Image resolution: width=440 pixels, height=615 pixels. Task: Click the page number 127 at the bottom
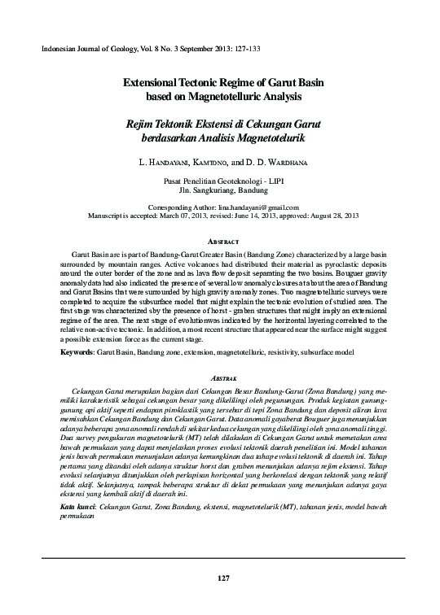click(220, 578)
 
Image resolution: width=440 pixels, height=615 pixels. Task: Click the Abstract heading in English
click(220, 242)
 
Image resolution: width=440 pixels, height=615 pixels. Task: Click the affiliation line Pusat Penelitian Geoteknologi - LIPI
click(220, 180)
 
